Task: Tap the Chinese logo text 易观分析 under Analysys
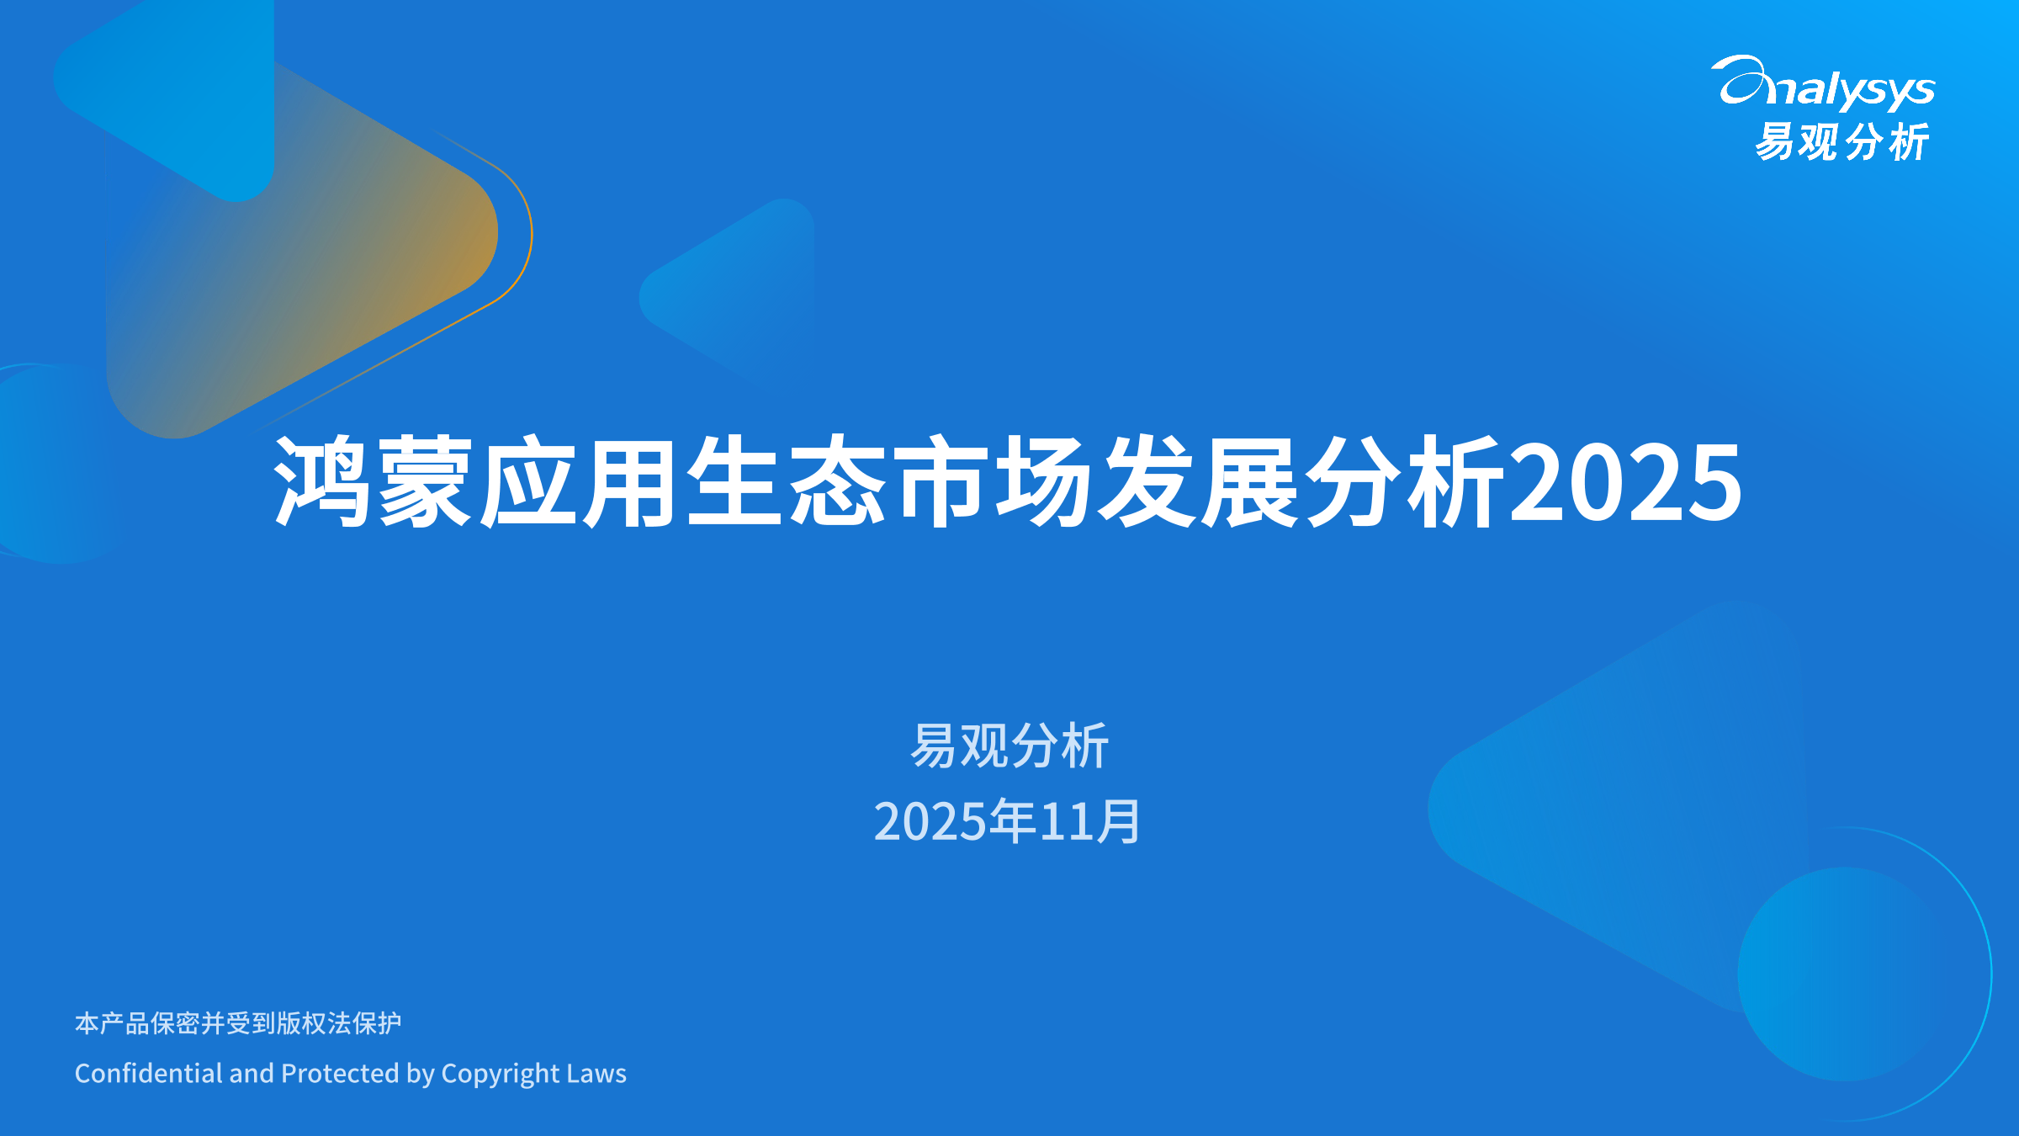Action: [1841, 141]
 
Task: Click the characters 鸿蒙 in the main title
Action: [373, 482]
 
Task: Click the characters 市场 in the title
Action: [993, 482]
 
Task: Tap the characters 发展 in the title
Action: [1200, 482]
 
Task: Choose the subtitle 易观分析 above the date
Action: [1009, 746]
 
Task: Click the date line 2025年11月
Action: [1007, 821]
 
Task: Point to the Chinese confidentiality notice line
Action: [238, 1023]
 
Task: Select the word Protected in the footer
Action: [340, 1074]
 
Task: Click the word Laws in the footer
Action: [596, 1074]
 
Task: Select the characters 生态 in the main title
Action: [786, 482]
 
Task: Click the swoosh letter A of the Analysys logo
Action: [1740, 82]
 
